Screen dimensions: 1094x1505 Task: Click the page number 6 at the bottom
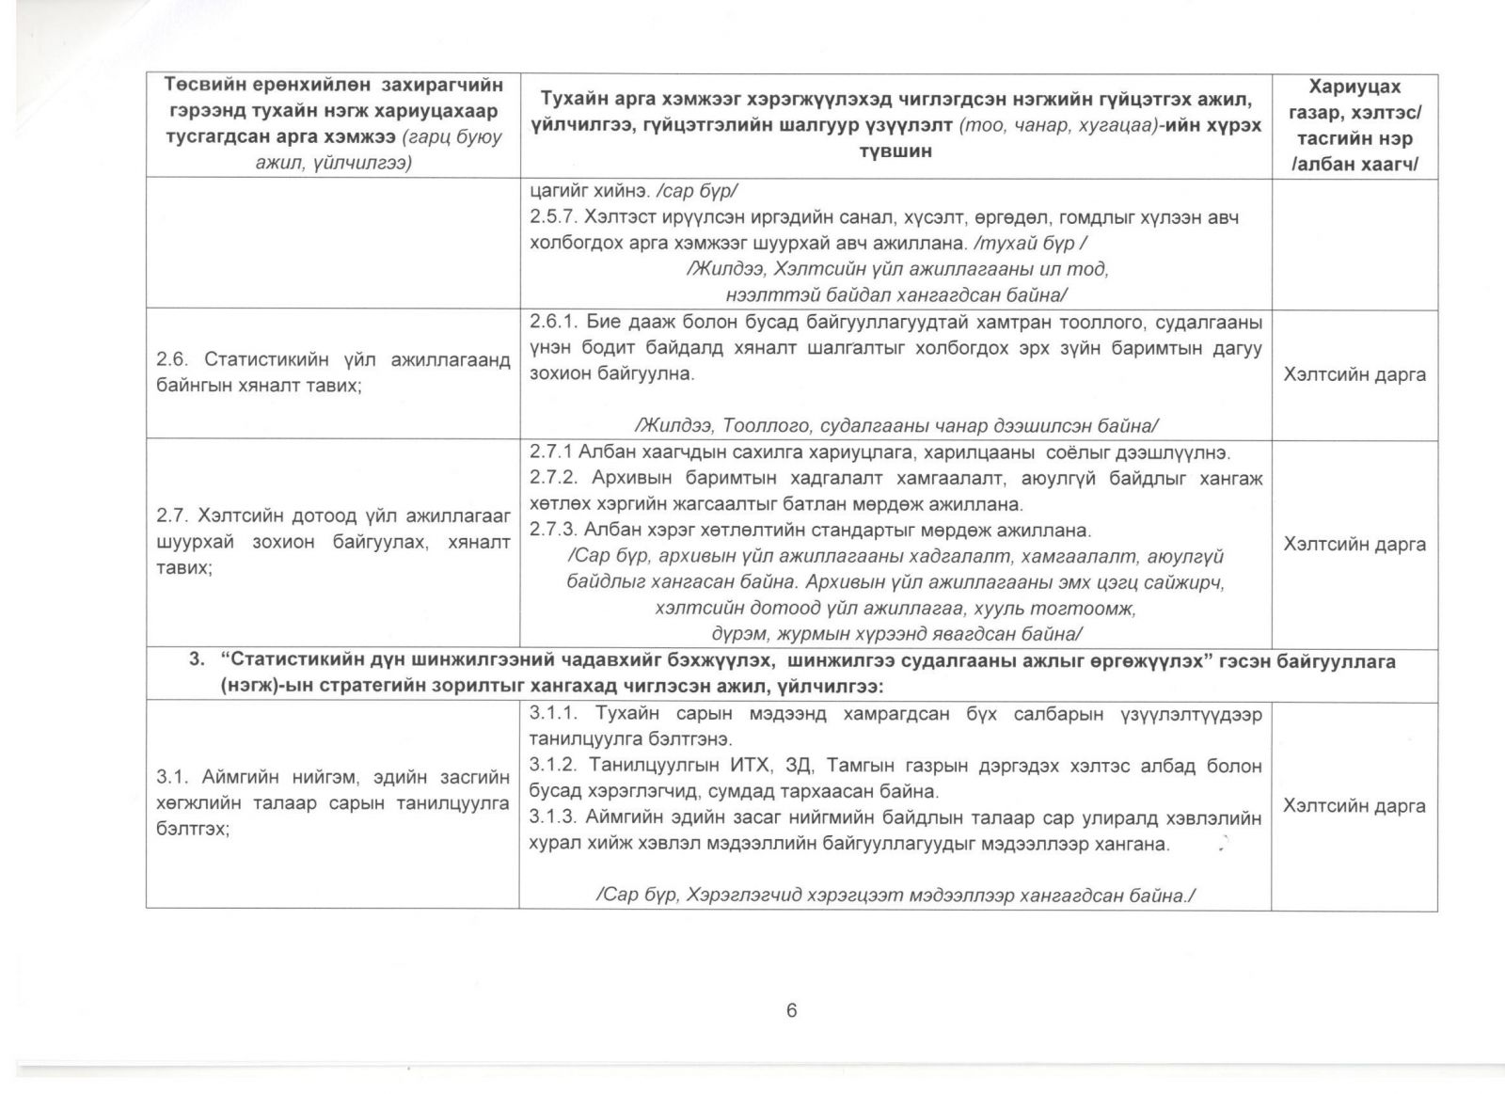(791, 1010)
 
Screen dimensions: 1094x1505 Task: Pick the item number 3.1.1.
(554, 714)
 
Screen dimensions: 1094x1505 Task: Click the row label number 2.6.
(174, 360)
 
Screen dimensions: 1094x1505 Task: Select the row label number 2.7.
(174, 516)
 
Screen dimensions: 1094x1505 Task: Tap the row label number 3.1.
(174, 778)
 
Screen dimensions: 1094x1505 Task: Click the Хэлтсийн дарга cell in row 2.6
(1354, 374)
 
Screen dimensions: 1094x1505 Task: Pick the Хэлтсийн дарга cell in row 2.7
(1354, 544)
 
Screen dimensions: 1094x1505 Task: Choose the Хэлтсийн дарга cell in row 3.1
(1354, 806)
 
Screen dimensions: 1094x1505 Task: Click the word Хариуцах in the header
(1354, 87)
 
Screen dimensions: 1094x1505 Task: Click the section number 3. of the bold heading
(197, 660)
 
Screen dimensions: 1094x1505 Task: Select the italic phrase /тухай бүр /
(1034, 244)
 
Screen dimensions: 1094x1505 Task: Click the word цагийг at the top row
(557, 191)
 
